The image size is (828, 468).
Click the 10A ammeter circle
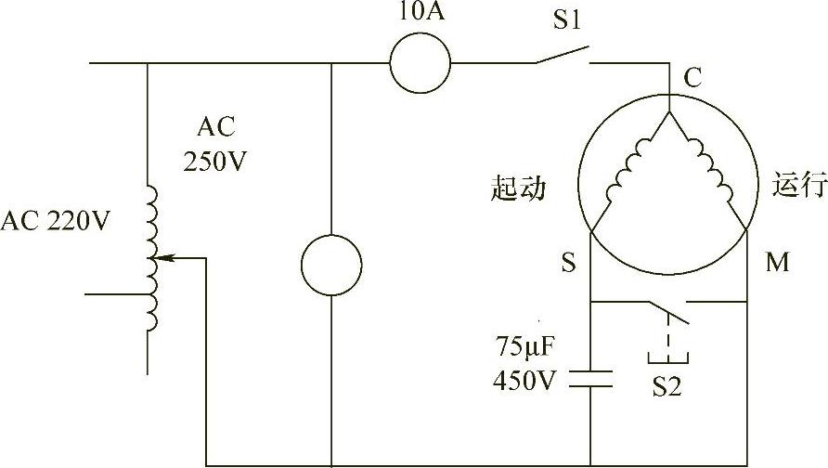tap(420, 64)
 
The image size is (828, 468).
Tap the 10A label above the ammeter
tap(420, 16)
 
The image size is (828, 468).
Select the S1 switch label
tap(567, 20)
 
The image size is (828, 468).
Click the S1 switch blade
tap(562, 57)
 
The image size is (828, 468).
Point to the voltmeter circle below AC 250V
tap(331, 266)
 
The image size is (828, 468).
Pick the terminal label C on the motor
tap(692, 80)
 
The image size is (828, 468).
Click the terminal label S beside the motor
tap(567, 264)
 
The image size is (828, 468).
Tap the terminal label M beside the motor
tap(777, 264)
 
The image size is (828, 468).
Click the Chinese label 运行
tap(798, 185)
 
